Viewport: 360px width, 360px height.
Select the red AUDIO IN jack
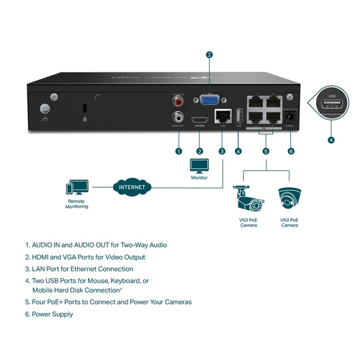point(178,101)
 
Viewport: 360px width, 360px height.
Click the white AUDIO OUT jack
point(178,117)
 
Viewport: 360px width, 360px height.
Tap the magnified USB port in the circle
point(331,105)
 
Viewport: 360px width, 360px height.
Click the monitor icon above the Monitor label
point(200,166)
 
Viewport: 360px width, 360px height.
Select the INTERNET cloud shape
point(132,187)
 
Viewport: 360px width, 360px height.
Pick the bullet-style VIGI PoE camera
point(248,199)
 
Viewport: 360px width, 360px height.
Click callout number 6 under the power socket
point(291,151)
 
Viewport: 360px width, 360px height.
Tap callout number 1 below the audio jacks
point(178,151)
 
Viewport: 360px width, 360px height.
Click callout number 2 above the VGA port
point(209,55)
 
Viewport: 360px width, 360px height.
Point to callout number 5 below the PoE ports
point(266,151)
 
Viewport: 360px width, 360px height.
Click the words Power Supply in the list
point(52,314)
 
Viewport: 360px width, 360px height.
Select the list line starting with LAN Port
point(82,269)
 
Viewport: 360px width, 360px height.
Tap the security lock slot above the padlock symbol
point(84,109)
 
